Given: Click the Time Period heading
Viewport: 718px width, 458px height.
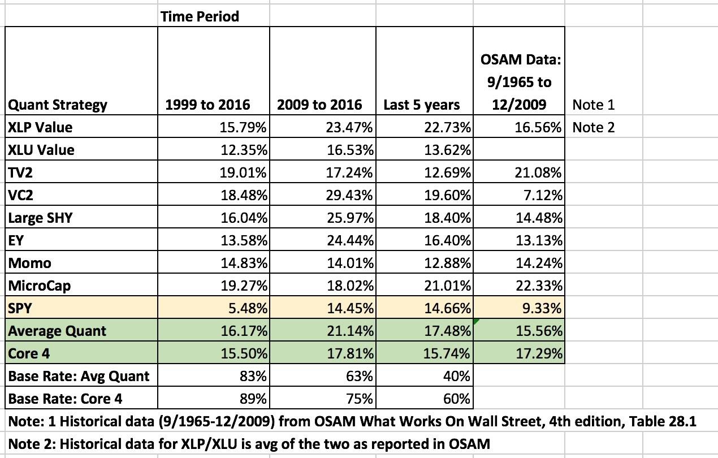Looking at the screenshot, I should (200, 16).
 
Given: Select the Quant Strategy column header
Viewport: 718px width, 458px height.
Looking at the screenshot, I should (57, 105).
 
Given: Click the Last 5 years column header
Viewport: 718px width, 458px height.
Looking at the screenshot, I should (421, 105).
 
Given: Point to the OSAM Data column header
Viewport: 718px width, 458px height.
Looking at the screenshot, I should (518, 82).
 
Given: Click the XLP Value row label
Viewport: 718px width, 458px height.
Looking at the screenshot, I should (40, 127).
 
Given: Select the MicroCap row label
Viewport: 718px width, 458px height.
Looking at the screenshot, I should (40, 286).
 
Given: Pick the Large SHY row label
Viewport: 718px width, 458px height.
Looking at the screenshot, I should (40, 218).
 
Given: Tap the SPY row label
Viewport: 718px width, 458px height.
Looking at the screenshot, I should (20, 308).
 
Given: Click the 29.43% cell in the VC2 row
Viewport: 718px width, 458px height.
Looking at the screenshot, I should (349, 195).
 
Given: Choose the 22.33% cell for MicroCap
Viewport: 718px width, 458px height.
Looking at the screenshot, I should (540, 286).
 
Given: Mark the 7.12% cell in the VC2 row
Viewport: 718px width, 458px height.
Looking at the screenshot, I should (543, 195).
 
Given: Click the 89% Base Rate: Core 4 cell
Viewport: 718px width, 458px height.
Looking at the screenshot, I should (254, 399).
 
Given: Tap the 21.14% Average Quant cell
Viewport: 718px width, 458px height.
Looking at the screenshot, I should (349, 331).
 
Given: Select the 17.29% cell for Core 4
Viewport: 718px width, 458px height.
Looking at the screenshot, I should (540, 353).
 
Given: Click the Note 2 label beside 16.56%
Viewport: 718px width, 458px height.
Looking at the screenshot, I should (593, 127).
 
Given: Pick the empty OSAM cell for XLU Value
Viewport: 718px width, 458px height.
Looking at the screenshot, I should (518, 150).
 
